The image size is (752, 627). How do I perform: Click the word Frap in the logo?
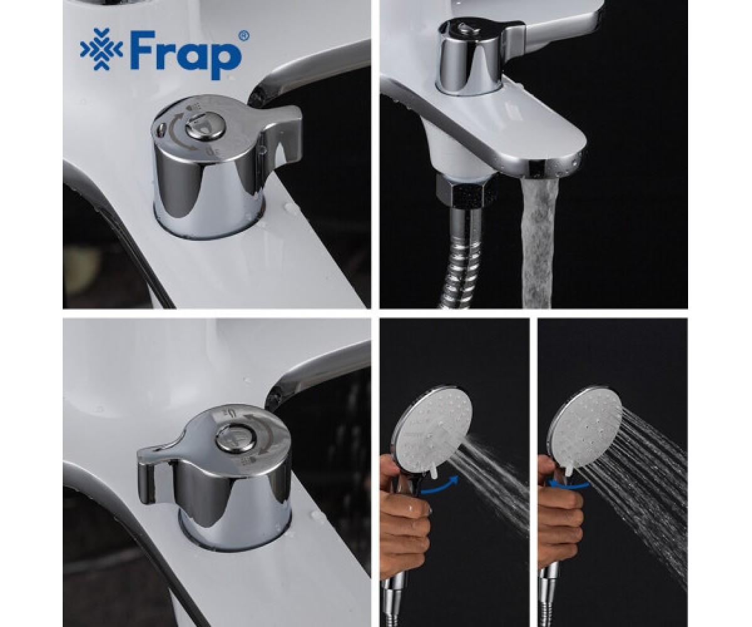pos(184,54)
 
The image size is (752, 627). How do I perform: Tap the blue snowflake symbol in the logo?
pos(102,49)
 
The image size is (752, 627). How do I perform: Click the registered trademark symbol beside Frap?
pos(244,36)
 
